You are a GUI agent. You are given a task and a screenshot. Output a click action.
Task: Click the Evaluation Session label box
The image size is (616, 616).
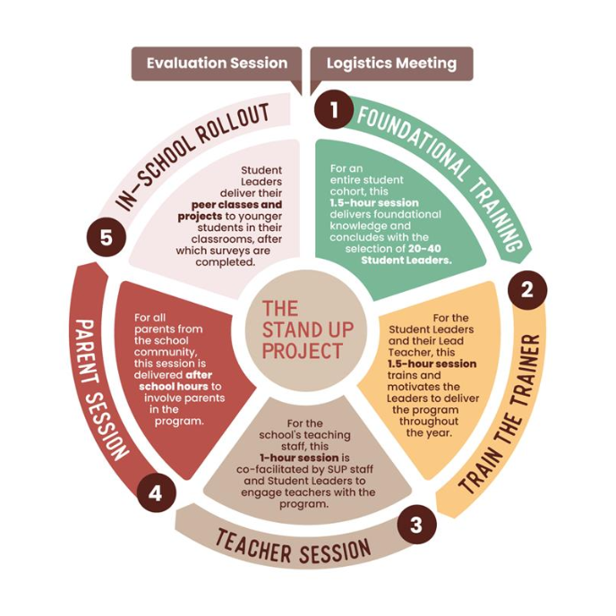click(x=217, y=64)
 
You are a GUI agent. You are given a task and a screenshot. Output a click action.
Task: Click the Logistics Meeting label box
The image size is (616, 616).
click(x=391, y=64)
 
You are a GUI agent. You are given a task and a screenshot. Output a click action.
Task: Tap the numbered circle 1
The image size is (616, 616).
click(x=334, y=110)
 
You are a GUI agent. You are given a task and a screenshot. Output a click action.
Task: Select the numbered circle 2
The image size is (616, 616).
click(x=527, y=289)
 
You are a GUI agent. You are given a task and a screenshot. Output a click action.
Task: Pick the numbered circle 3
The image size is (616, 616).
click(x=415, y=524)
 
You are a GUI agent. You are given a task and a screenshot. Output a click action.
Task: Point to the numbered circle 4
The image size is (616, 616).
click(x=156, y=493)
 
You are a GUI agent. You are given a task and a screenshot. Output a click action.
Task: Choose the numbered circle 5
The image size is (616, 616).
click(x=107, y=238)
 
